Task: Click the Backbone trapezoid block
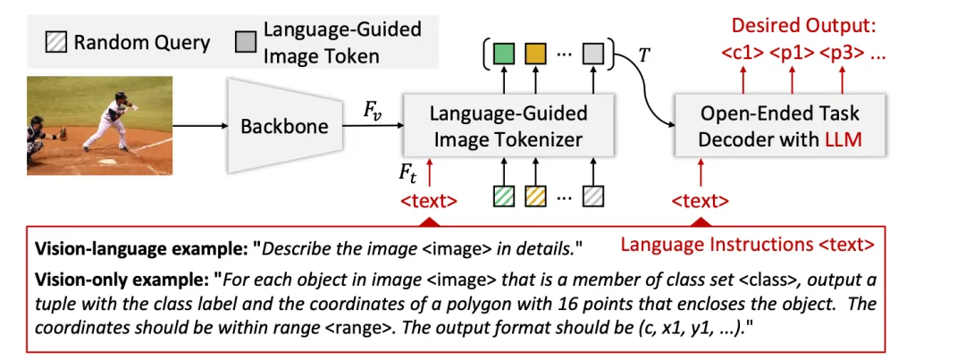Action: tap(284, 126)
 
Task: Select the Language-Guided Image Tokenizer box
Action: tap(508, 126)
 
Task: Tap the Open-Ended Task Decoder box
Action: tap(779, 126)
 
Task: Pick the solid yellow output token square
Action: tap(535, 55)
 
